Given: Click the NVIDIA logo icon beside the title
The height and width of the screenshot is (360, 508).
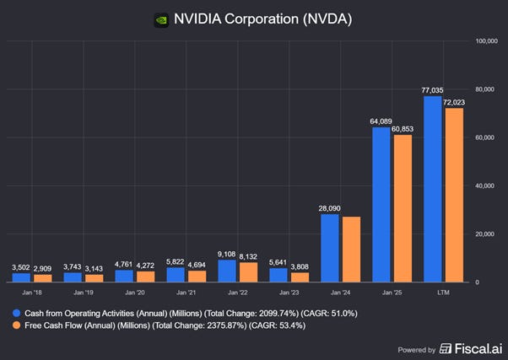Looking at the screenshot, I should coord(160,19).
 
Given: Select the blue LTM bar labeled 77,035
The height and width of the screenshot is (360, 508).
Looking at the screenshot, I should coord(432,189).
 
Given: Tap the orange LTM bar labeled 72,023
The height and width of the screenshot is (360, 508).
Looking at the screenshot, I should coord(454,195).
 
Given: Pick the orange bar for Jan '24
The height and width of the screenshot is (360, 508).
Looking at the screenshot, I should coord(351,249).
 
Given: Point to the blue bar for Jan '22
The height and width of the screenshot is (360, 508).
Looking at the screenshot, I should coord(227,271).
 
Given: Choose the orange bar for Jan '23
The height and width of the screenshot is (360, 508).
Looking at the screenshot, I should coord(300,277).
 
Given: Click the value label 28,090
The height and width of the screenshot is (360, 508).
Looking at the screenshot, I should coord(330,207).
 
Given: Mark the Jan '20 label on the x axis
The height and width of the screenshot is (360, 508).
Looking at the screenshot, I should coord(134,293).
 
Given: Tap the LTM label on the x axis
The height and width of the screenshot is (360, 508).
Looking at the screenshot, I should coord(443,293).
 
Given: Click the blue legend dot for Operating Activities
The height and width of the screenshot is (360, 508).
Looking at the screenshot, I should coord(17,313).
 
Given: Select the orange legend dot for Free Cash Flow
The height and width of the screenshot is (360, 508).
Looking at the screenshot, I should coord(17,326).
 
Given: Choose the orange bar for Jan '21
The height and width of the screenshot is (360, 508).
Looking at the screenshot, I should coord(197,276).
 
